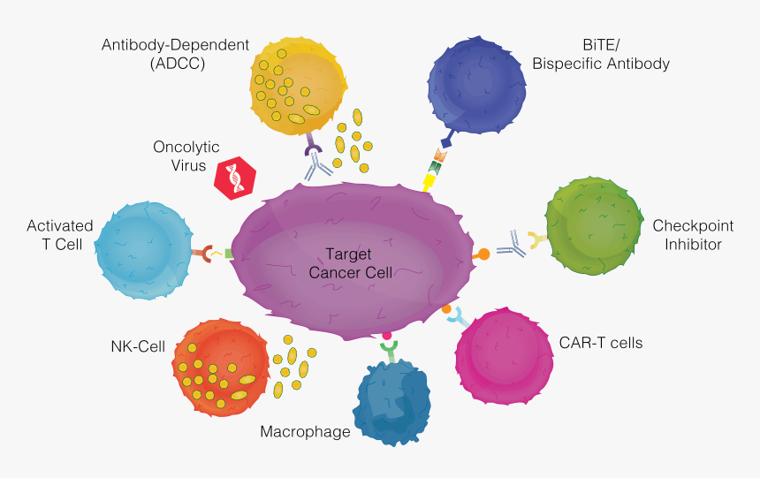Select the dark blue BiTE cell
[476, 85]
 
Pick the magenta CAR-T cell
[504, 356]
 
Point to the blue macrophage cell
[392, 403]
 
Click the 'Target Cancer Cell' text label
[351, 263]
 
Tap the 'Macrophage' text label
[305, 432]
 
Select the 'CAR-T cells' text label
[601, 342]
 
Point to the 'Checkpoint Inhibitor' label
[688, 235]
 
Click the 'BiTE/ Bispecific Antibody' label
[600, 55]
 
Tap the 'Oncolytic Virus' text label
[186, 156]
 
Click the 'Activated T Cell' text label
[60, 235]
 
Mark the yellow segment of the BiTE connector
[430, 181]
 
